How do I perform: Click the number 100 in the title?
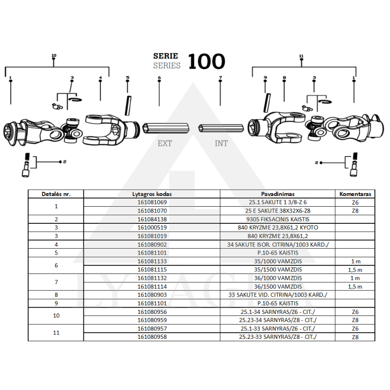tap(206, 62)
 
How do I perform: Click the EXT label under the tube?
tap(165, 143)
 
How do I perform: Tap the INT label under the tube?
tap(221, 143)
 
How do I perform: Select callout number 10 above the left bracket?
tap(54, 56)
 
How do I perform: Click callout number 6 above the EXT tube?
tap(159, 78)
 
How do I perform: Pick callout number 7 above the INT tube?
tap(220, 78)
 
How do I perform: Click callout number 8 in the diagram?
tap(284, 78)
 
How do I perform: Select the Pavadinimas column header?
tap(277, 194)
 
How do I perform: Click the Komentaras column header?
tap(355, 194)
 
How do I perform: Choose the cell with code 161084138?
tap(153, 219)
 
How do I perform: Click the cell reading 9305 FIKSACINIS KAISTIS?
tap(277, 219)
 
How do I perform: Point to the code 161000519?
tap(153, 228)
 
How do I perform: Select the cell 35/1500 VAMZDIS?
tap(277, 270)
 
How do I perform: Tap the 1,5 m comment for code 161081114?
tap(355, 287)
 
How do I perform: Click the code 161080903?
tap(153, 295)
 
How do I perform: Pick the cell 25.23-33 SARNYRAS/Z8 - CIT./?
tap(277, 337)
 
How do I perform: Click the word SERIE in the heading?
tap(166, 56)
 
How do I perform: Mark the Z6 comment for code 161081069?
tap(355, 202)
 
